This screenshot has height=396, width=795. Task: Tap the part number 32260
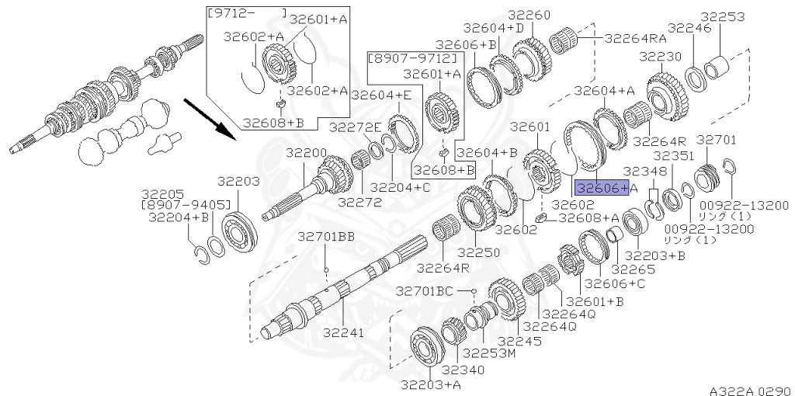click(529, 15)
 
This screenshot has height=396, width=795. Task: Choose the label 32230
click(660, 56)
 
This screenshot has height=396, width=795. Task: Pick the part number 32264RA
click(635, 36)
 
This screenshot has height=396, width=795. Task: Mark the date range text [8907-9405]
click(186, 205)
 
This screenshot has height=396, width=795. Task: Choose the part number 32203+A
click(432, 384)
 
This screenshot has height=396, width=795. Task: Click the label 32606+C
click(610, 283)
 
